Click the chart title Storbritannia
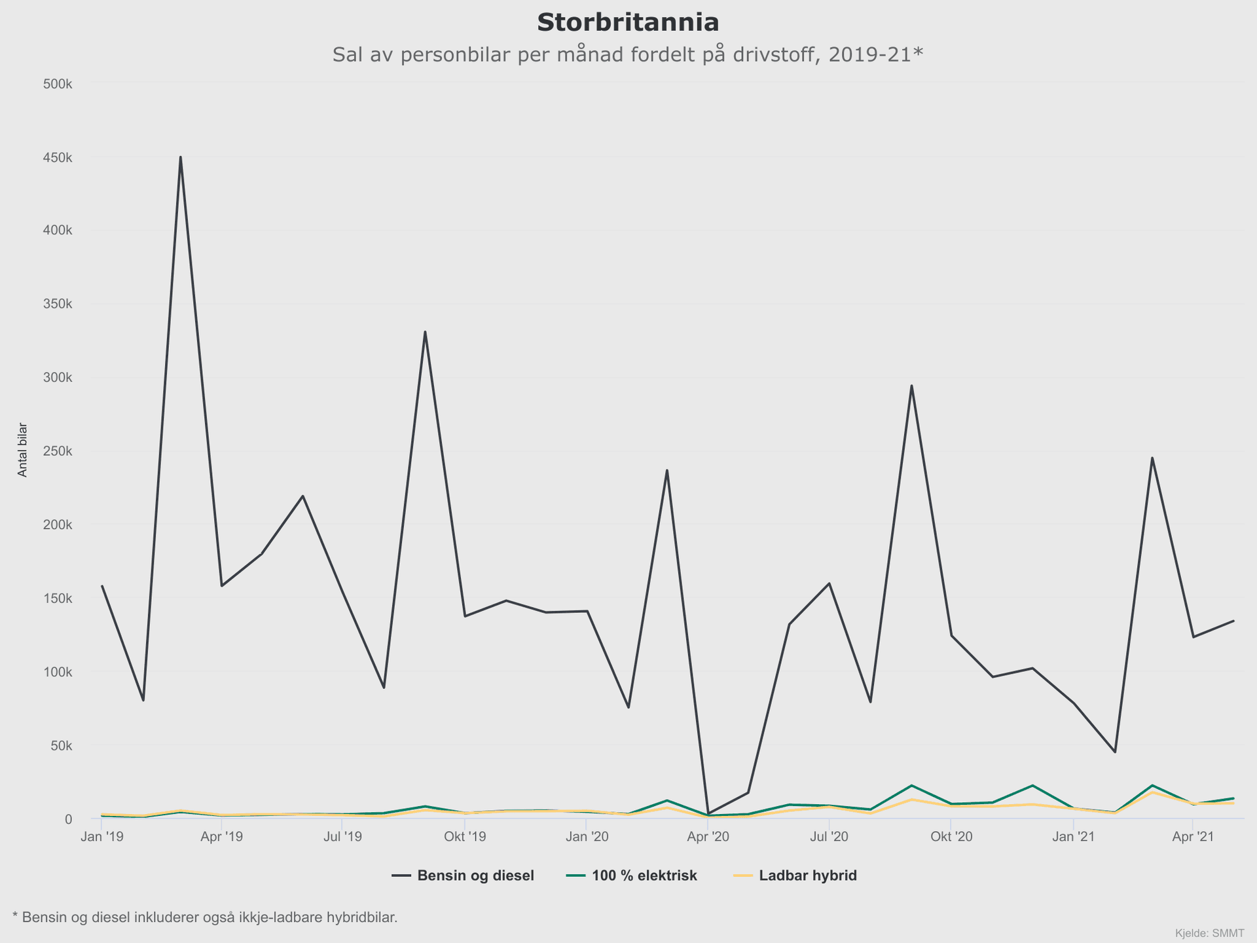point(628,23)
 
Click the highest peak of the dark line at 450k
point(180,157)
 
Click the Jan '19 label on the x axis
point(101,837)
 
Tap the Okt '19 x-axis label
point(465,837)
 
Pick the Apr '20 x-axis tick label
point(708,837)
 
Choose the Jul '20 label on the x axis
point(829,837)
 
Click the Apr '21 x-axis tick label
point(1193,837)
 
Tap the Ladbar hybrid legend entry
point(807,876)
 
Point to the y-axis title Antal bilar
point(23,450)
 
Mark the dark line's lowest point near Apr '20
point(708,813)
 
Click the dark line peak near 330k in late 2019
point(425,332)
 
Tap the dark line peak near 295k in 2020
point(911,386)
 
